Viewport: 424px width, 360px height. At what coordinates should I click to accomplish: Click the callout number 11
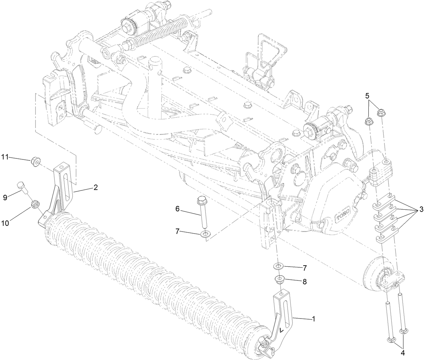click(5, 157)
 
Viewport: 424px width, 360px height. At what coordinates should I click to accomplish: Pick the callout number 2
click(96, 187)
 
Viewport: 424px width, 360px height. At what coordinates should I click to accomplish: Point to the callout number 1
click(314, 319)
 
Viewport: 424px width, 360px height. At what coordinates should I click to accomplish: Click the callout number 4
click(403, 353)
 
